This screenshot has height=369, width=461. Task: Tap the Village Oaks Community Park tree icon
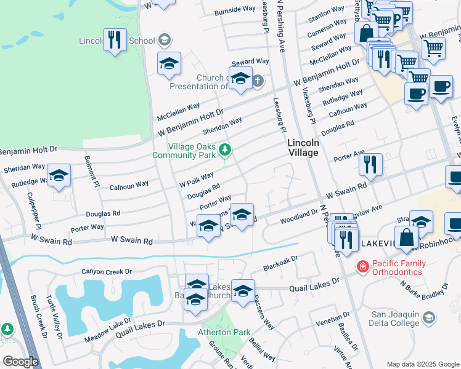coord(226,149)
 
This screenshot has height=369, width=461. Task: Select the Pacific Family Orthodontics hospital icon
coord(363,266)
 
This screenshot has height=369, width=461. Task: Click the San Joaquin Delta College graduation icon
coord(429,317)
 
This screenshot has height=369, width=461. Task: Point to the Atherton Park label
coord(225,332)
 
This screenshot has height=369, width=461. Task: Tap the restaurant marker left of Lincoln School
coord(115,41)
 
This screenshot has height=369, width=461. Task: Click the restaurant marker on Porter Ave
coord(371,164)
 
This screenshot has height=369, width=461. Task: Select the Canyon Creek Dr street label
coord(107,271)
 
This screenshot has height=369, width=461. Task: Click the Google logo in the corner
coord(20,362)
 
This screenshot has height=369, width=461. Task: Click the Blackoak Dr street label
coord(280,263)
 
